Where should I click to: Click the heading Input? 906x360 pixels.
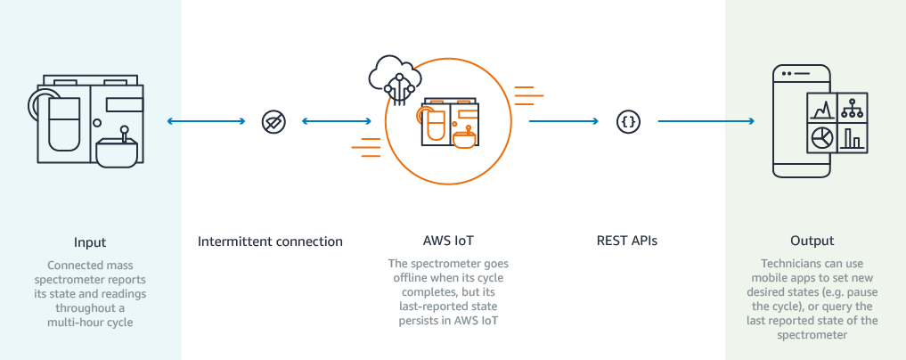coord(90,241)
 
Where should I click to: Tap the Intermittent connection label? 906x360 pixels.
coord(270,241)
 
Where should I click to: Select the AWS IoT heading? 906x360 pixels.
coord(450,241)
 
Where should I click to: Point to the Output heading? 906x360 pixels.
coord(812,241)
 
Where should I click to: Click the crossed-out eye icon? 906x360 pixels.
coord(273,122)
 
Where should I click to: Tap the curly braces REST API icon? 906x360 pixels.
coord(627,122)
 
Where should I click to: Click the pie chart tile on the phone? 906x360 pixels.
coord(821,137)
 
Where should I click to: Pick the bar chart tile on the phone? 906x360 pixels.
coord(853,137)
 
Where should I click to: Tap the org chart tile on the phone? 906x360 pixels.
coord(853,108)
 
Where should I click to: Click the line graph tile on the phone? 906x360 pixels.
coord(821,109)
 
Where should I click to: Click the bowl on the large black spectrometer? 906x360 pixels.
coord(118,152)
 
